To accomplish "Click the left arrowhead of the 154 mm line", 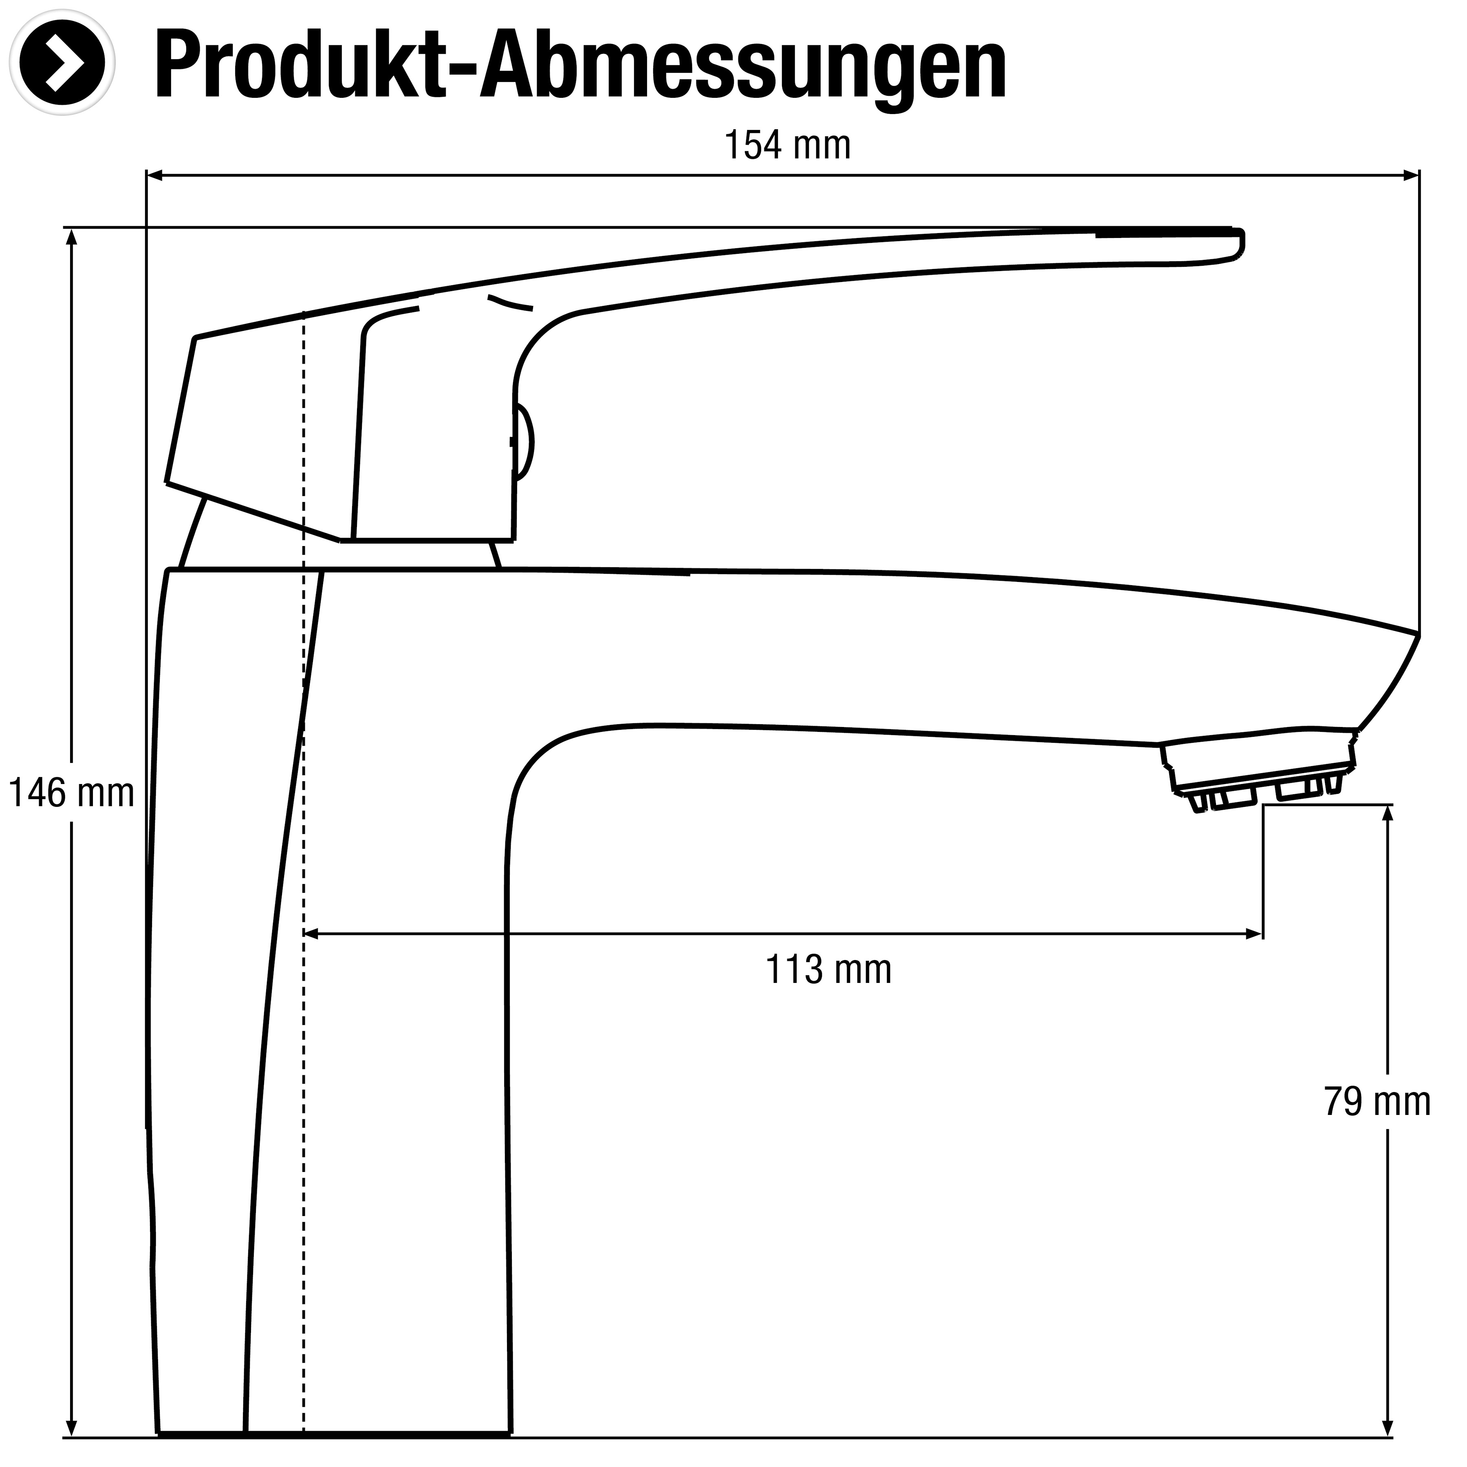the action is tap(155, 176).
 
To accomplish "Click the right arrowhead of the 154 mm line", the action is tap(1410, 176).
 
